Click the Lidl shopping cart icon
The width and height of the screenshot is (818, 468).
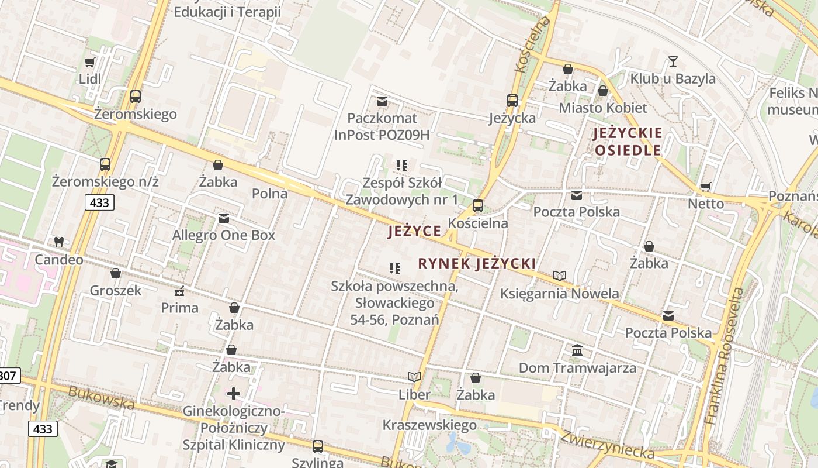[x=89, y=62]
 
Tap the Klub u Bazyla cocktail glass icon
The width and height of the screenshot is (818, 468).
[x=673, y=61]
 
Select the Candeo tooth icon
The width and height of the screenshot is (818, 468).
[x=58, y=241]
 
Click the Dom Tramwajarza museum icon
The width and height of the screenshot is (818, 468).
[x=577, y=350]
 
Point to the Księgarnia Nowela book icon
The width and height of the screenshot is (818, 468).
[x=560, y=276]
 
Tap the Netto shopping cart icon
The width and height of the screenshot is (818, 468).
[x=705, y=187]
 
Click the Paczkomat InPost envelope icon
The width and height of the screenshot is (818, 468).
[x=382, y=101]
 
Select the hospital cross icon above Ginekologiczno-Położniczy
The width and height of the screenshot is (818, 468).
[x=234, y=393]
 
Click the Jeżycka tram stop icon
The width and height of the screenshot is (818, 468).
[x=512, y=101]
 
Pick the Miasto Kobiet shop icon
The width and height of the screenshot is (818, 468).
[x=603, y=91]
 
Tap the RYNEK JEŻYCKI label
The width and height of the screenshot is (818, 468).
[x=477, y=263]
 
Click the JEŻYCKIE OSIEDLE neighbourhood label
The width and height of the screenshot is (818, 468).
[x=628, y=142]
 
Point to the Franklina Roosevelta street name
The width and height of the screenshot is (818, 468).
[x=725, y=356]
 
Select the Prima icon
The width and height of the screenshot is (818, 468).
[x=179, y=290]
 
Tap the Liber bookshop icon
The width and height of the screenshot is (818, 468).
[x=414, y=377]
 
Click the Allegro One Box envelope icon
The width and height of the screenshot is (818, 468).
[x=223, y=218]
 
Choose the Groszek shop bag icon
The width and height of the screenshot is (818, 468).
[x=116, y=273]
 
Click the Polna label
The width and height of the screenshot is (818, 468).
[x=269, y=193]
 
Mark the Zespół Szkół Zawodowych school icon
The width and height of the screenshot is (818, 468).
[x=401, y=166]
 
